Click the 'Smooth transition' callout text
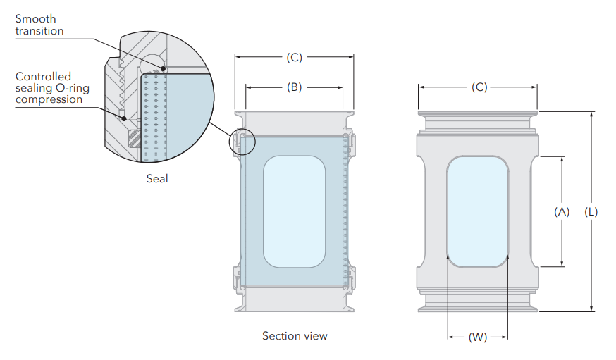point(39,25)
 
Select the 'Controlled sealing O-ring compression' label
point(49,88)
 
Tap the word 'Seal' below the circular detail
point(157,178)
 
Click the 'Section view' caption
point(295,336)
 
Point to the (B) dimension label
point(294,87)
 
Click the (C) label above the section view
point(294,58)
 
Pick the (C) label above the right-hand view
point(479,87)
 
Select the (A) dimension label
point(562,211)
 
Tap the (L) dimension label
point(591,211)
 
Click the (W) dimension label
point(478,337)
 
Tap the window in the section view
point(294,211)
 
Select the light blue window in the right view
point(478,211)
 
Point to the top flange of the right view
point(478,113)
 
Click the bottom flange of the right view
point(478,307)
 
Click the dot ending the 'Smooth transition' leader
point(164,68)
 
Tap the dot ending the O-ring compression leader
point(125,119)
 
